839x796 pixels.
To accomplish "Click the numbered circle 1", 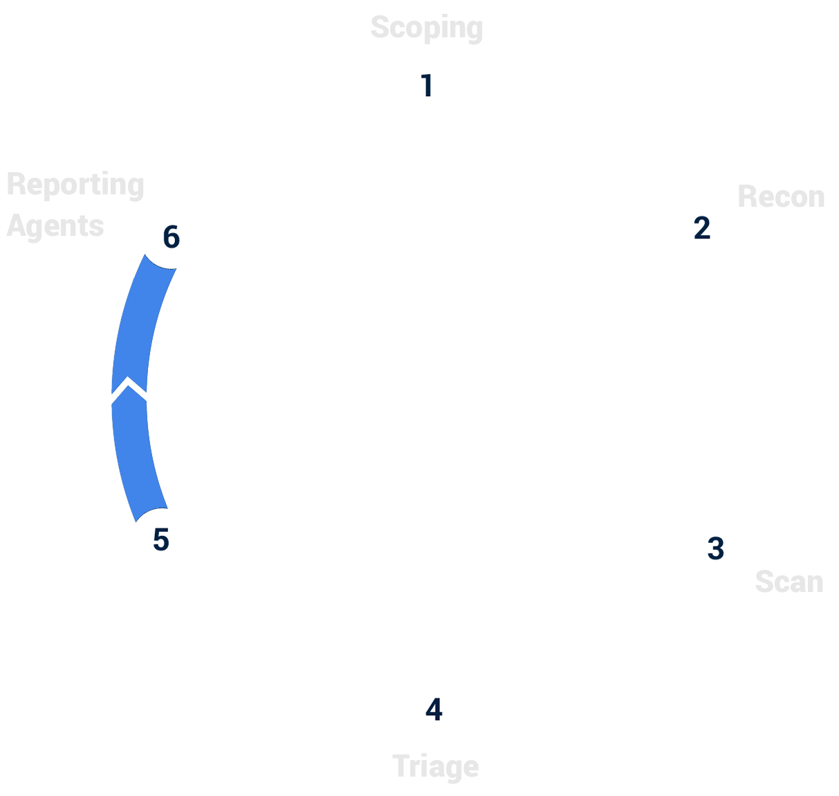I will point(427,86).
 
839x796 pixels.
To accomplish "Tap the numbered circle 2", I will point(701,228).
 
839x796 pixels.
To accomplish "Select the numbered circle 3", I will point(715,548).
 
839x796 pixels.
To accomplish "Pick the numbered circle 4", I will point(434,709).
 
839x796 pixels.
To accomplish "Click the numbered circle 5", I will point(161,539).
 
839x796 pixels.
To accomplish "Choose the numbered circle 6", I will point(171,237).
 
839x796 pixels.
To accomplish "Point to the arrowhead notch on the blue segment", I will point(129,387).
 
